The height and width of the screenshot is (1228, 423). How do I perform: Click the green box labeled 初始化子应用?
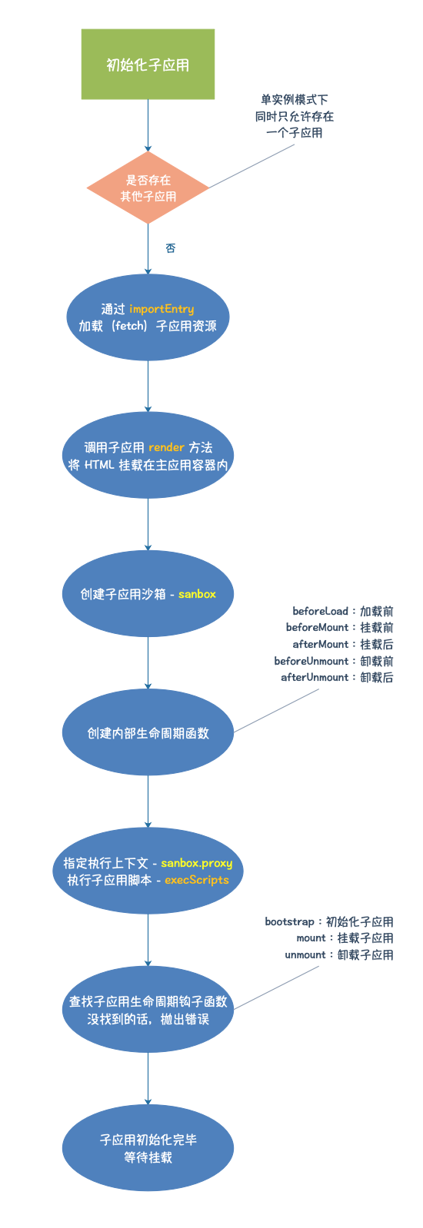click(148, 65)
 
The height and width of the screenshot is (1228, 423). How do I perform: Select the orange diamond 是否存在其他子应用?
click(148, 188)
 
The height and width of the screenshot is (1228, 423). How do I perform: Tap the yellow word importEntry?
click(162, 309)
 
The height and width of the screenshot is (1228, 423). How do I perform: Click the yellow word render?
click(166, 447)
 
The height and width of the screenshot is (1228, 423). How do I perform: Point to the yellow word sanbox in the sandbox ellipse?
click(197, 594)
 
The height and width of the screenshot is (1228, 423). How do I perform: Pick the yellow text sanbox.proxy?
click(196, 863)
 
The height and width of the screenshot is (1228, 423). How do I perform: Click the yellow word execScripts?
click(197, 880)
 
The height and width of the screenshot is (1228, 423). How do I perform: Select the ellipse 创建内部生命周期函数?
click(148, 733)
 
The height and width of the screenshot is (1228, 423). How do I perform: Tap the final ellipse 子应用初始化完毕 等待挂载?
click(148, 1148)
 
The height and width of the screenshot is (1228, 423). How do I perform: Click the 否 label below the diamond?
click(171, 248)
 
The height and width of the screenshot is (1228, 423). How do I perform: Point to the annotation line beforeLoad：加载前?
click(342, 612)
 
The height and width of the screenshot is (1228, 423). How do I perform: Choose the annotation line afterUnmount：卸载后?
click(337, 678)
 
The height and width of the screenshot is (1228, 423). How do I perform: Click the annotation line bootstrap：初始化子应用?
click(329, 921)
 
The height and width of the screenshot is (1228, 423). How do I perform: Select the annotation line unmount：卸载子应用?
click(338, 955)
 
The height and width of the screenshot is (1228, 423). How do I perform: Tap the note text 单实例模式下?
click(295, 100)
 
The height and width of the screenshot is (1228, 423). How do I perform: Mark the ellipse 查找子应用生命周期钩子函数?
click(148, 1010)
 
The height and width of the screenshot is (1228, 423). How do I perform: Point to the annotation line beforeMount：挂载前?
click(339, 628)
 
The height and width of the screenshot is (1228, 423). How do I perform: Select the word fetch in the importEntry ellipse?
click(130, 326)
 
